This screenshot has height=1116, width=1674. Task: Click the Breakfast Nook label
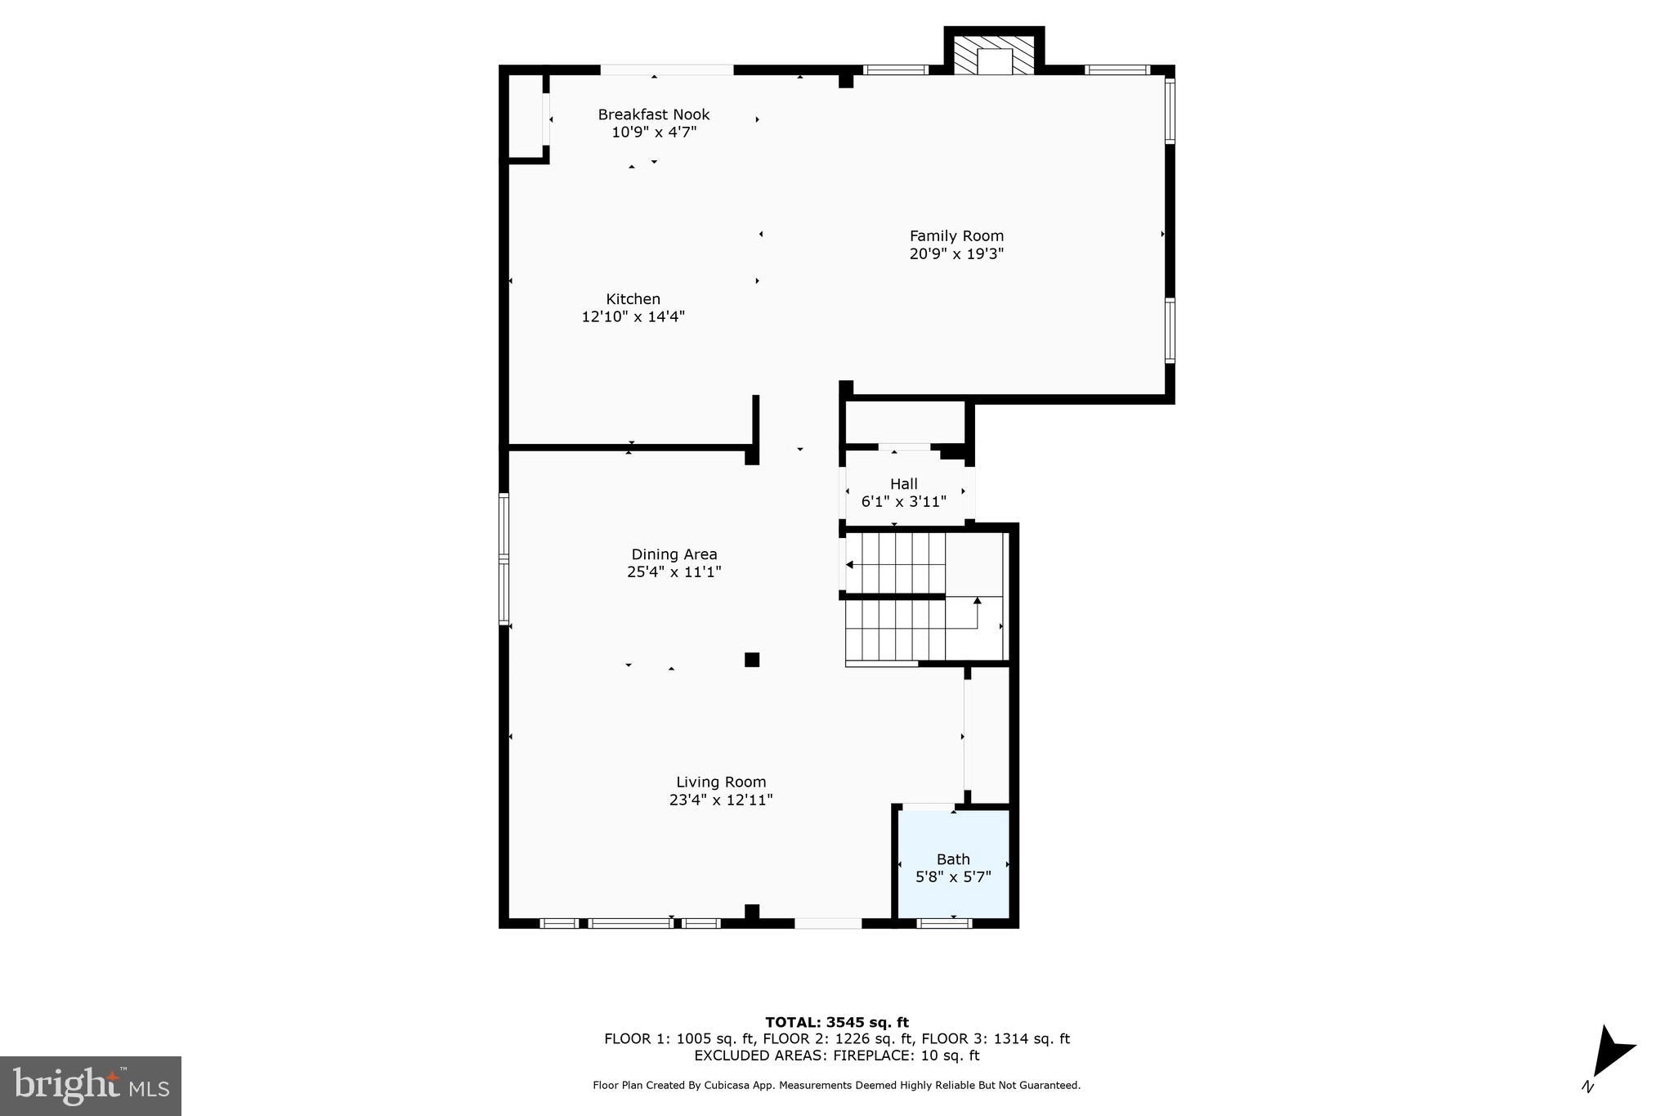point(653,114)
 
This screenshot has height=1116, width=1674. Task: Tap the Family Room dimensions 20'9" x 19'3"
point(956,254)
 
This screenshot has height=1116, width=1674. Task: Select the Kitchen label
point(633,299)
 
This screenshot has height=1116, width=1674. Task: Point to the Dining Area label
point(674,554)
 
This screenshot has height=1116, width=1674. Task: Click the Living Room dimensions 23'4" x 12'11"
point(721,800)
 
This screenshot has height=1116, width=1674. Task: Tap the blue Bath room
point(953,867)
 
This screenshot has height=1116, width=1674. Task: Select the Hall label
point(903,484)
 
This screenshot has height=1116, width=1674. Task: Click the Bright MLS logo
point(91,1086)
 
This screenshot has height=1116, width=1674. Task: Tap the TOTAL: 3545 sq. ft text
point(836,1022)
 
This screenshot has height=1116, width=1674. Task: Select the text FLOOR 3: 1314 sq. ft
point(996,1039)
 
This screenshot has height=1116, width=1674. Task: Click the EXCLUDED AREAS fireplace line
point(836,1055)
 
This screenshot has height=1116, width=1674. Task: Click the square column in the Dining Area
point(752,660)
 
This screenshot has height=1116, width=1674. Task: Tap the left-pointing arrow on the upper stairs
point(850,564)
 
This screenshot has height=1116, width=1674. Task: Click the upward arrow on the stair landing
point(977,601)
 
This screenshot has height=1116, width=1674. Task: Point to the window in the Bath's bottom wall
point(944,924)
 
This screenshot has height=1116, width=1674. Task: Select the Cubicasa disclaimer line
point(836,1086)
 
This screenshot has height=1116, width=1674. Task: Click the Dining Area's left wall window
point(504,560)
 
